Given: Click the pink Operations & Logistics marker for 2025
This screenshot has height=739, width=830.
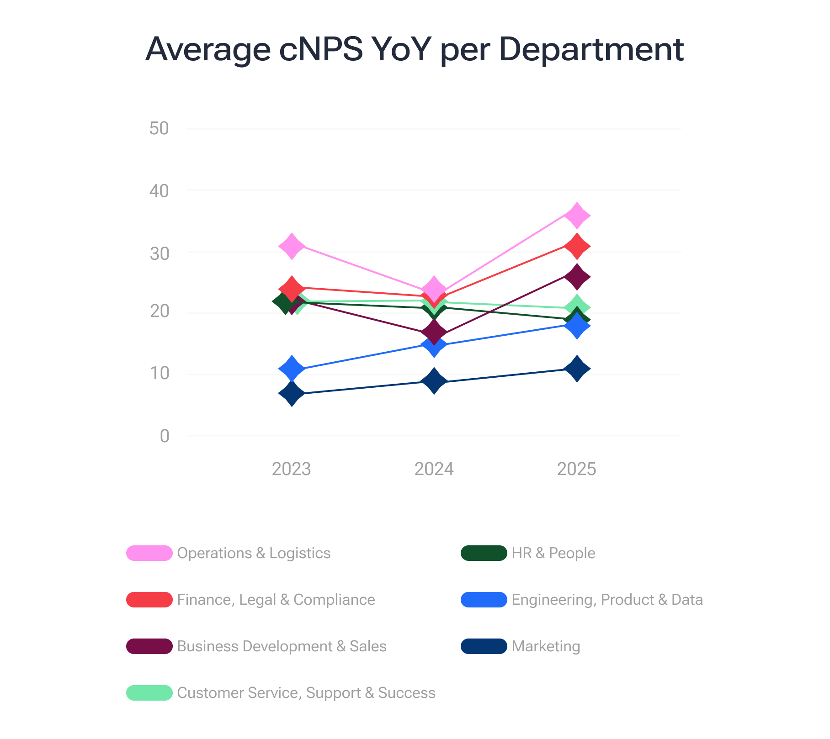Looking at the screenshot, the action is pos(577,215).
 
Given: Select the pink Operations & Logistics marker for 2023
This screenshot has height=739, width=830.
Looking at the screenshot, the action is pos(292,246).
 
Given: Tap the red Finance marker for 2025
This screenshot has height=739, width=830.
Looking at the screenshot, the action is pos(577,246).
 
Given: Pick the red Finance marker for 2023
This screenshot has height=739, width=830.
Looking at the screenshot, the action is pos(292,288).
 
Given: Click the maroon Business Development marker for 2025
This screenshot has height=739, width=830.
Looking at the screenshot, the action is pos(577,277).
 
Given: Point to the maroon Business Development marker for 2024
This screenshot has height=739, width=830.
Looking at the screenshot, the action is pos(434,332).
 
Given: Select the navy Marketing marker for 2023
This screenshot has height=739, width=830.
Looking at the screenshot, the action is pos(292,393).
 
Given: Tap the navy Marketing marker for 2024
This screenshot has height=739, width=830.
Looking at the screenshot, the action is pos(434,381).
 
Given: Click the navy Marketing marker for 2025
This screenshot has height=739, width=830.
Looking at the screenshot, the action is pos(577,369).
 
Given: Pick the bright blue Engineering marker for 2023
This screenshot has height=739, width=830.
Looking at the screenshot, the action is pos(292,369).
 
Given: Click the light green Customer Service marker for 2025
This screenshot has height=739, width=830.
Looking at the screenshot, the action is pos(577,307).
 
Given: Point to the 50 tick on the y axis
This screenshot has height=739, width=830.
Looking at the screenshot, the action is pos(159,129).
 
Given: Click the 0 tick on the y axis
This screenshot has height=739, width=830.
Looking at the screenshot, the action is pos(165,436).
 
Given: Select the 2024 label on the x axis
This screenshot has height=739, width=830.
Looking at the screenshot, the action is pos(434,469).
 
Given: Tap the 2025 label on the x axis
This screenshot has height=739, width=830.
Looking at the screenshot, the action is pos(577,469).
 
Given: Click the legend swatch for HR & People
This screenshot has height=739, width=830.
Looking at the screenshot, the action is pos(484,553).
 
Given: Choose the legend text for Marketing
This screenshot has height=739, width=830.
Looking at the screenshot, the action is pos(546,646).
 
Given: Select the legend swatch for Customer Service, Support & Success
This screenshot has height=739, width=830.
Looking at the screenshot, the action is pos(149,693).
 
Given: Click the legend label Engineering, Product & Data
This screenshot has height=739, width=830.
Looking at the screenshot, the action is pos(607,600).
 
